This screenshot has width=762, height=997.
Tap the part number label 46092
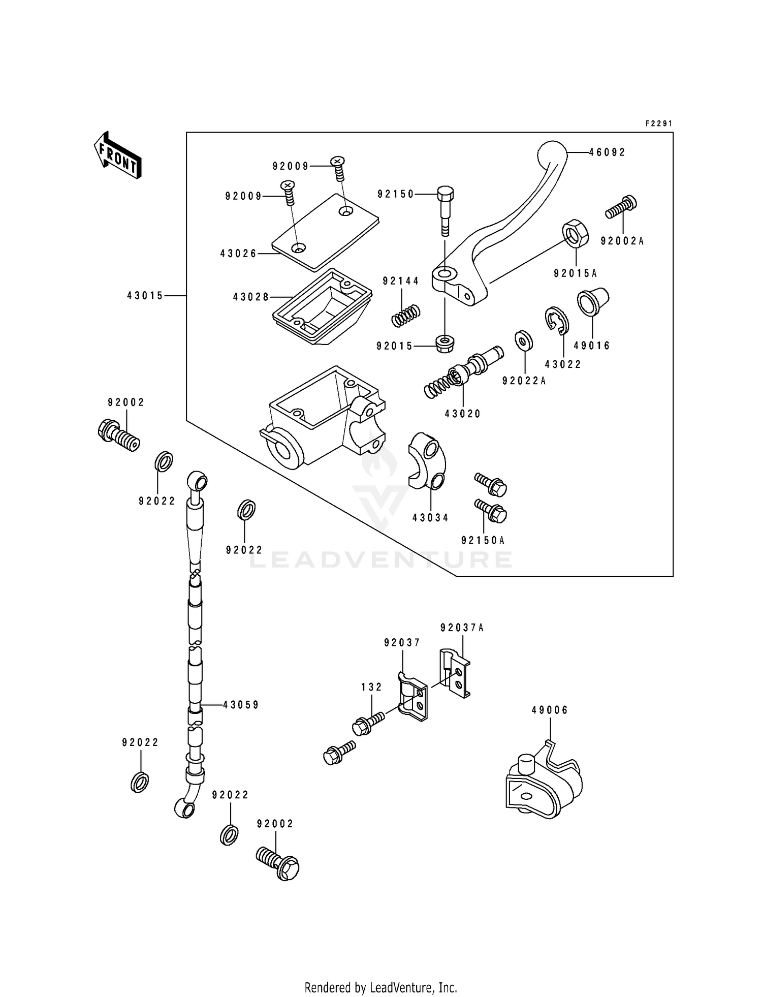pyautogui.click(x=607, y=152)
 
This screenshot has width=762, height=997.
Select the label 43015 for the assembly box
pyautogui.click(x=145, y=295)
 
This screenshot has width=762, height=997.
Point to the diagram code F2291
pyautogui.click(x=659, y=123)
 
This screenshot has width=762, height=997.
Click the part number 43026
pyautogui.click(x=238, y=253)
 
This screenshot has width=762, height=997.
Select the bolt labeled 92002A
pyautogui.click(x=621, y=208)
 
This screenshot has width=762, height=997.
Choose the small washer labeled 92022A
pyautogui.click(x=523, y=340)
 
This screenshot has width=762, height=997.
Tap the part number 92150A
pyautogui.click(x=483, y=540)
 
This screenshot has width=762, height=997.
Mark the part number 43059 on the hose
pyautogui.click(x=241, y=705)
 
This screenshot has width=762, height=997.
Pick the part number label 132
pyautogui.click(x=371, y=687)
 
